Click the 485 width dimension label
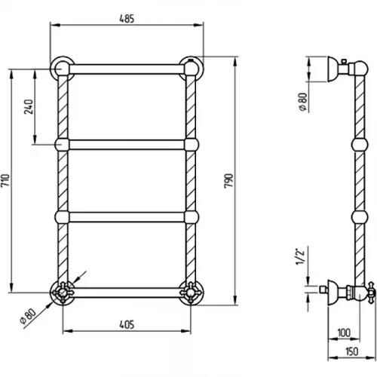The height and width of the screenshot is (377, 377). pos(127,19)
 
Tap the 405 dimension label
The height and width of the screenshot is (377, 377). pos(127,324)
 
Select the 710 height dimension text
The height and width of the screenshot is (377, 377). pos(5,180)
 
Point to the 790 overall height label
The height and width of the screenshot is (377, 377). pos(228,181)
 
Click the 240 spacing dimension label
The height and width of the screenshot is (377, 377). pos(29,107)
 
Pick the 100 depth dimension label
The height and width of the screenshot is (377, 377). pos(344,333)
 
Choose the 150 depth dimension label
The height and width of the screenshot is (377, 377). pos(351,351)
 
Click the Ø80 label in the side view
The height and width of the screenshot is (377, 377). pos(303,102)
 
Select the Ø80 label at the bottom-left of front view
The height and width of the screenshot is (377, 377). pos(28,317)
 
